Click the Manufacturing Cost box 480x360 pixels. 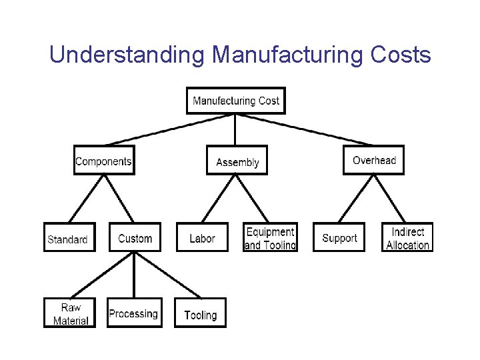(235, 101)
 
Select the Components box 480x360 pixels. (103, 161)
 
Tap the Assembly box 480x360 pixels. (237, 161)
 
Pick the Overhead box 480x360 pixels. (373, 160)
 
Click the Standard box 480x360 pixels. (69, 237)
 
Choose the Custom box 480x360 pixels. (135, 237)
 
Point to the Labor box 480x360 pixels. (201, 237)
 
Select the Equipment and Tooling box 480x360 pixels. (270, 237)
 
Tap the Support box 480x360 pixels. (339, 237)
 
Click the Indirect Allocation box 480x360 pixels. (407, 237)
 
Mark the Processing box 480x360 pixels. (133, 313)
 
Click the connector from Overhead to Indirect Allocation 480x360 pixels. (391, 199)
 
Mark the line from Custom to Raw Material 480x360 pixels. (102, 274)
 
